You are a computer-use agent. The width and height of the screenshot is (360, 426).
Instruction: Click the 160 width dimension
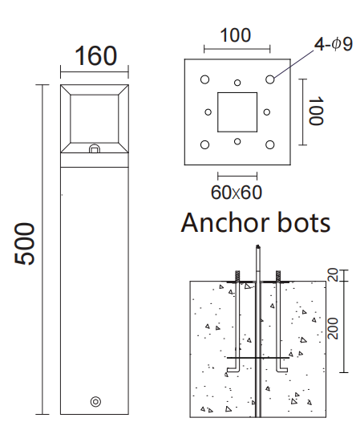click(x=95, y=56)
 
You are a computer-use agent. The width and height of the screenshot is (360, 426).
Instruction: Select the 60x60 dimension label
click(x=236, y=193)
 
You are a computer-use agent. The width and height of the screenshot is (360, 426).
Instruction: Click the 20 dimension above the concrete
click(x=334, y=276)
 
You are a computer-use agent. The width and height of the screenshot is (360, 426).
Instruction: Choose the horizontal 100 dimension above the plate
click(x=235, y=36)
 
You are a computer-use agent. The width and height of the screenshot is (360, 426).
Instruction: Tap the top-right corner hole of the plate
click(x=271, y=79)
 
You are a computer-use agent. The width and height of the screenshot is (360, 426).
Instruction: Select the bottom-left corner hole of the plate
click(x=205, y=144)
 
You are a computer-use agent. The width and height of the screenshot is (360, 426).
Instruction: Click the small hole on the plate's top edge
click(x=237, y=82)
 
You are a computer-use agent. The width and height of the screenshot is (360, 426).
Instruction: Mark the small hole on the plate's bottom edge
click(x=237, y=142)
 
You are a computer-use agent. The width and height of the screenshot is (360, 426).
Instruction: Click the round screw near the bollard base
click(x=95, y=400)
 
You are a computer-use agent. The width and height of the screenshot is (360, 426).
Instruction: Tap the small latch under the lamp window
click(x=95, y=148)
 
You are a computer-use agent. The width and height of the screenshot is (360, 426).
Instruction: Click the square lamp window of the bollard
click(x=95, y=118)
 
